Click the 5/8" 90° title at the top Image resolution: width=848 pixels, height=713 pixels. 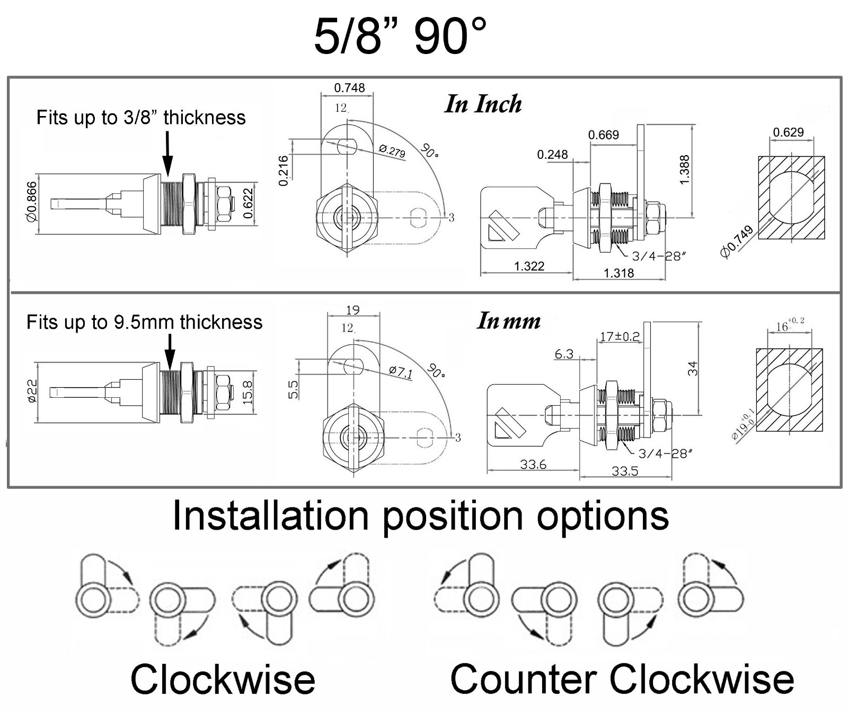pos(400,36)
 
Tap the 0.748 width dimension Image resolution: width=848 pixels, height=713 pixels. pos(349,88)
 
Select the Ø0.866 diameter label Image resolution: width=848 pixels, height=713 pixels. pos(32,202)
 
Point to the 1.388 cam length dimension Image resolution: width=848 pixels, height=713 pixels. pos(684,170)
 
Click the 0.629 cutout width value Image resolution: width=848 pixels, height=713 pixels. pos(788,132)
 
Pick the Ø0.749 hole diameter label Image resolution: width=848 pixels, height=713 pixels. pos(737,242)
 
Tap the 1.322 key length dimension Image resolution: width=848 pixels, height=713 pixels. pos(529,266)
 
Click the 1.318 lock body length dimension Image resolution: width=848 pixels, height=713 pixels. pos(619,273)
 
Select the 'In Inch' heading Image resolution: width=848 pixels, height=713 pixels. pos(483,104)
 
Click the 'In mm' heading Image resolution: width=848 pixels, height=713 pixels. pos(509,321)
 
